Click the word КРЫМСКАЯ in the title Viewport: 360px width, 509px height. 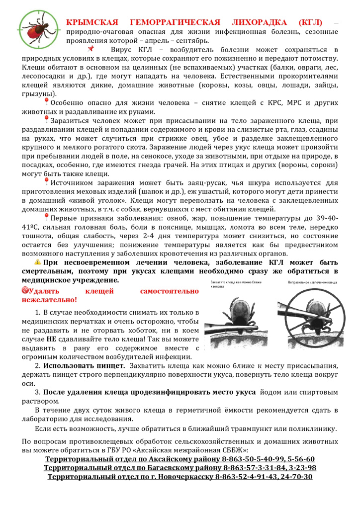pos(92,23)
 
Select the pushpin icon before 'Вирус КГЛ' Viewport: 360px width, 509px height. pos(90,49)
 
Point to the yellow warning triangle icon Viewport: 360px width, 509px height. pos(38,262)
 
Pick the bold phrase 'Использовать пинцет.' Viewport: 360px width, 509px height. pos(84,366)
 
